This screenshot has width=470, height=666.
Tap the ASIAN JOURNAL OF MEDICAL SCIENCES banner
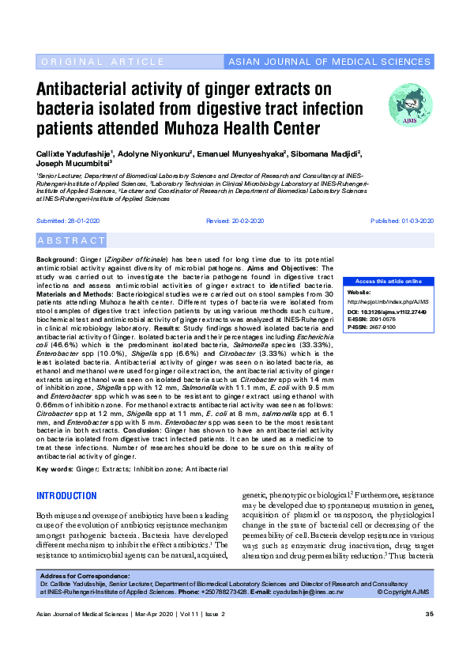pos(329,62)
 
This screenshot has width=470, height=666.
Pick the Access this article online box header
pos(388,282)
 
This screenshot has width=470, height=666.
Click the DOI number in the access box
pos(398,313)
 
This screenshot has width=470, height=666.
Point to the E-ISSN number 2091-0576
pos(385,320)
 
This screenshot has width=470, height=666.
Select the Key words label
pos(55,470)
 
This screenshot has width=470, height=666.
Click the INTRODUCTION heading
pos(67,497)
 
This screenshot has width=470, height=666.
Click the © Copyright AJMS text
pos(405,592)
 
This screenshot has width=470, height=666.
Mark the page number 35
pos(430,615)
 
